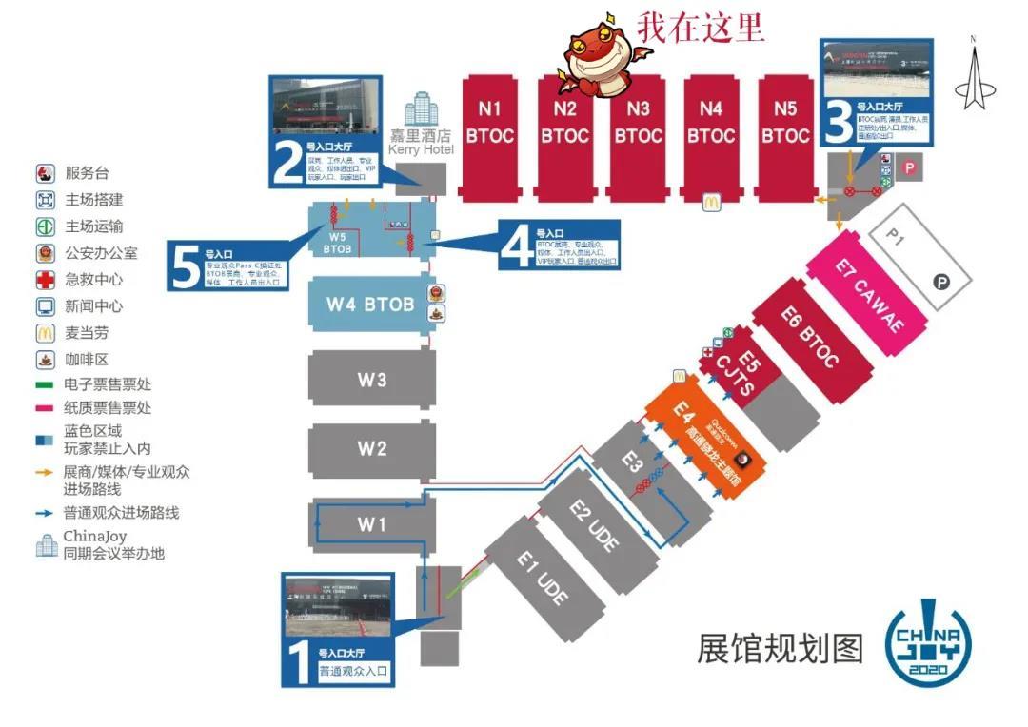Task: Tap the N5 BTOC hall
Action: pyautogui.click(x=784, y=124)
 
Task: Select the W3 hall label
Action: pyautogui.click(x=371, y=379)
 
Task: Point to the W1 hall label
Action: pyautogui.click(x=371, y=523)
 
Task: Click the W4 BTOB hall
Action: pyautogui.click(x=369, y=305)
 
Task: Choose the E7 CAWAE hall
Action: pyautogui.click(x=867, y=295)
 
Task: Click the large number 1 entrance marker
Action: pyautogui.click(x=299, y=663)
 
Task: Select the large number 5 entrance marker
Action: pyautogui.click(x=185, y=265)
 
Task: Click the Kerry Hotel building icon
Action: pyautogui.click(x=420, y=111)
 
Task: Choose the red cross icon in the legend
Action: pyautogui.click(x=46, y=280)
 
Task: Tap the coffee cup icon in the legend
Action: pyautogui.click(x=46, y=360)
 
